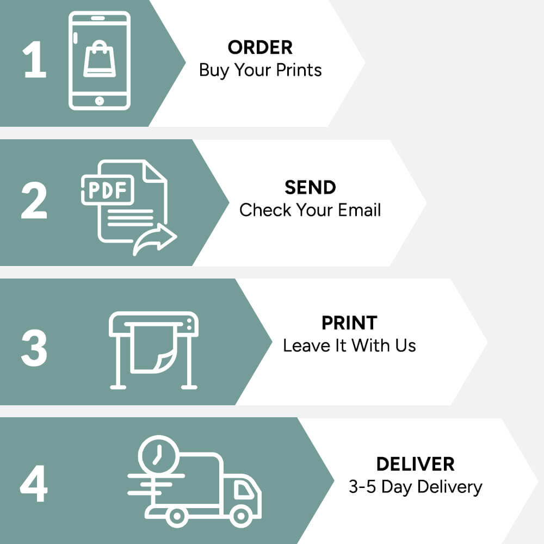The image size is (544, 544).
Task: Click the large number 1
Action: pyautogui.click(x=35, y=61)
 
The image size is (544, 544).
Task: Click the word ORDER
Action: pyautogui.click(x=260, y=47)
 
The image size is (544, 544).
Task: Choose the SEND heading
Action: pyautogui.click(x=310, y=187)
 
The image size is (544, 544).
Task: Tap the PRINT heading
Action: pyautogui.click(x=349, y=323)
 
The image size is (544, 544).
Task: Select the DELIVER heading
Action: pyautogui.click(x=415, y=464)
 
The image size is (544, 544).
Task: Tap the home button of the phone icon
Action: pyautogui.click(x=100, y=101)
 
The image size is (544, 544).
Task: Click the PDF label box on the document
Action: pyautogui.click(x=107, y=190)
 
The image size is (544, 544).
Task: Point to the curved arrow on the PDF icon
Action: pyautogui.click(x=156, y=240)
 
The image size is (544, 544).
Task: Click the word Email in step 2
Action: pyautogui.click(x=358, y=210)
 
